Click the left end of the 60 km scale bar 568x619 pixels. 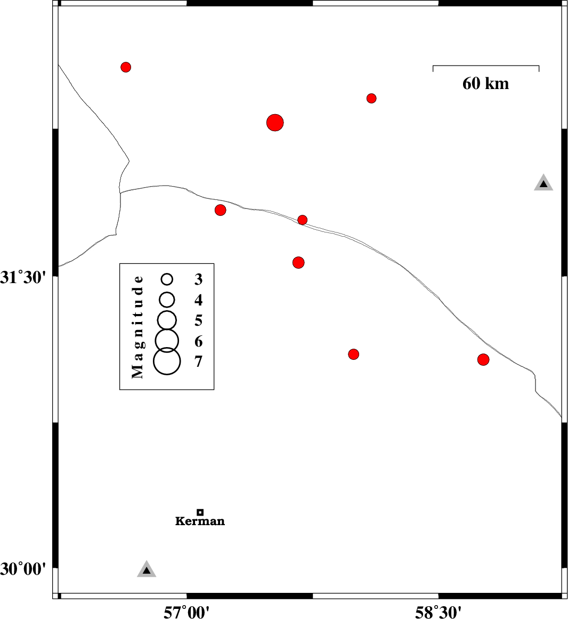[433, 66]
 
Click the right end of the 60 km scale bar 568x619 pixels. [539, 66]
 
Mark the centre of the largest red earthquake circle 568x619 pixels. [275, 123]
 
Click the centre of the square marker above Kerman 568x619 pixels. [200, 512]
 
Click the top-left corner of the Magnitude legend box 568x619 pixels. [120, 264]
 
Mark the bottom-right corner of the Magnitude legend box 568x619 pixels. [214, 390]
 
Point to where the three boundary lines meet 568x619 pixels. [120, 193]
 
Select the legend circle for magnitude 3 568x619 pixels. [167, 279]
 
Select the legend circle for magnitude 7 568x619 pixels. [167, 361]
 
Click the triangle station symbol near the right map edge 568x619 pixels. [543, 183]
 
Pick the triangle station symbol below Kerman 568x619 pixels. [147, 569]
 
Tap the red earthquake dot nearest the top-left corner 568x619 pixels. [126, 67]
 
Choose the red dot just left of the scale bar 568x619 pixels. [371, 98]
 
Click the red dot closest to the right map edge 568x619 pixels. [483, 360]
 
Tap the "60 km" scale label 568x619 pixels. [486, 84]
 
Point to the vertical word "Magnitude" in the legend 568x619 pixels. [137, 327]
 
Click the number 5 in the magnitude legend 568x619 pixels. [198, 320]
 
